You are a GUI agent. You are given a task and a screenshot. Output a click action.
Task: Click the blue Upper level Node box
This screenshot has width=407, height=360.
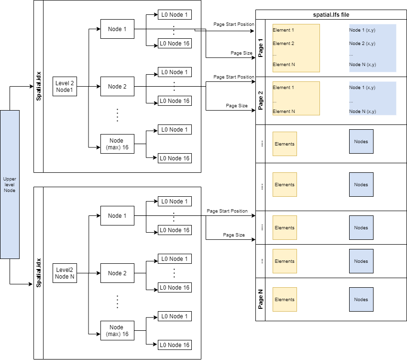[x=10, y=184]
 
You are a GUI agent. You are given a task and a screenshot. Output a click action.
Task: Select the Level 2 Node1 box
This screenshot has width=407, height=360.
[x=65, y=87]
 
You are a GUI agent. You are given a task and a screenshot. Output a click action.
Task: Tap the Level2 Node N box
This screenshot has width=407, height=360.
[x=65, y=273]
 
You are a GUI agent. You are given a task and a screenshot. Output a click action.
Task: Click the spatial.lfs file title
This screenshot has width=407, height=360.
[x=331, y=14]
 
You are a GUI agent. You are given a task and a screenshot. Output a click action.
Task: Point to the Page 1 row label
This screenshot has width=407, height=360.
[x=261, y=48]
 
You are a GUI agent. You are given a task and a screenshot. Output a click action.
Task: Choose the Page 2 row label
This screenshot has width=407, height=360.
[x=261, y=101]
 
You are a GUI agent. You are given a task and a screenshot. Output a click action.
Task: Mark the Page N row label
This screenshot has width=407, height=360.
[x=261, y=299]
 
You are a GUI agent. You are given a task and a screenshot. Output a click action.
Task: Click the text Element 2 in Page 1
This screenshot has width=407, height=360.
[x=283, y=44]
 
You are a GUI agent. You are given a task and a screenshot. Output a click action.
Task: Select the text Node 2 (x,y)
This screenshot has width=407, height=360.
[x=362, y=44]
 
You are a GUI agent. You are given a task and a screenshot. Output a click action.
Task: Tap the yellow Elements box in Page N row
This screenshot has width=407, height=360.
[x=285, y=299]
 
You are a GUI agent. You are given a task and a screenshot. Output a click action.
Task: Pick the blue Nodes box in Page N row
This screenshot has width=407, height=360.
[x=361, y=299]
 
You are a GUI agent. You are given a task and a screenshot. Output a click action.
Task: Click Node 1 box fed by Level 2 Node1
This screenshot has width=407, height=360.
[x=117, y=29]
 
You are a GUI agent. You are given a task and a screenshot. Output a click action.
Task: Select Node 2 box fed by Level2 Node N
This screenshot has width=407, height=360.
[x=117, y=273]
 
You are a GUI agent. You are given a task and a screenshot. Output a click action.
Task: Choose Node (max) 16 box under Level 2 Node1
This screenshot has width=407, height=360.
[x=117, y=144]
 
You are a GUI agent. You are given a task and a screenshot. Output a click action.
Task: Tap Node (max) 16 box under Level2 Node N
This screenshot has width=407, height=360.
[x=117, y=330]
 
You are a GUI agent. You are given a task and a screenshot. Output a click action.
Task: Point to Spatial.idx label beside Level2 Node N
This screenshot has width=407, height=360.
[x=39, y=273]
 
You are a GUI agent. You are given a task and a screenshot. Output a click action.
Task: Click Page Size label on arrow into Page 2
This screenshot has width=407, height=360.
[x=236, y=106]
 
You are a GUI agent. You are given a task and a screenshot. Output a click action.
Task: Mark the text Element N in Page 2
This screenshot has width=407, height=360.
[x=283, y=111]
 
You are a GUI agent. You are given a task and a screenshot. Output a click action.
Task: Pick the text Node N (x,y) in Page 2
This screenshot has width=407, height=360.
[x=362, y=111]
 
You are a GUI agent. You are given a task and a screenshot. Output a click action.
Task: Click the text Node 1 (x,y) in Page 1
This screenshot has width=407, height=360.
[x=362, y=30]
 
